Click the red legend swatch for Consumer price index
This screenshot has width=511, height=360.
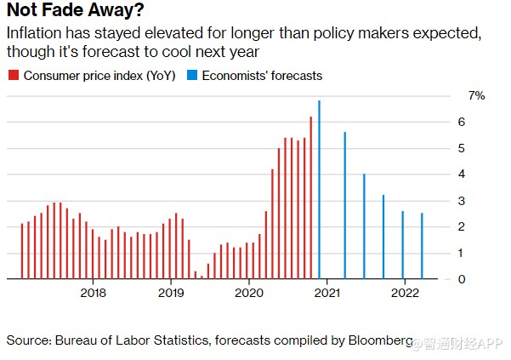click(12, 76)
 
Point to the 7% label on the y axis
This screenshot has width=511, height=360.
click(476, 96)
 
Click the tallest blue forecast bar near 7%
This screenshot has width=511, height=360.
click(319, 189)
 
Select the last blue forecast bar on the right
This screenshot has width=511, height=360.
click(423, 246)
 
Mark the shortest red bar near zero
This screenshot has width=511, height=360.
click(202, 276)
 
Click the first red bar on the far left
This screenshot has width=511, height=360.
click(21, 251)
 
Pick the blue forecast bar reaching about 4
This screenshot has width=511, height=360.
click(364, 226)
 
